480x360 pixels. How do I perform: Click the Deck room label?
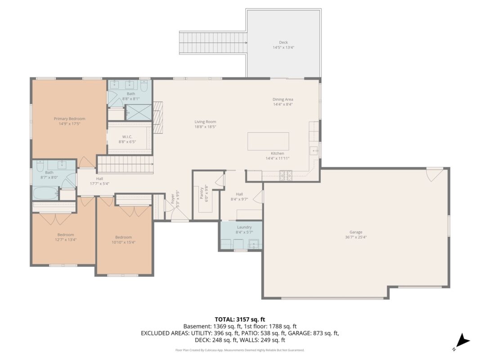pyautogui.click(x=283, y=43)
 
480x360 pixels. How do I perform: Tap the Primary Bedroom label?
pyautogui.click(x=69, y=119)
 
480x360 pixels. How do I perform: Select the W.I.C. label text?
pyautogui.click(x=127, y=137)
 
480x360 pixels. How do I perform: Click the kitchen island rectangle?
pyautogui.click(x=268, y=141)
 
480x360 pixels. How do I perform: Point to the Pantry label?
pyautogui.click(x=202, y=193)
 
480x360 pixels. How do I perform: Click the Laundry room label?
pyautogui.click(x=244, y=227)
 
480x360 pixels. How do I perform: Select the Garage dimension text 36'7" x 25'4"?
pyautogui.click(x=356, y=237)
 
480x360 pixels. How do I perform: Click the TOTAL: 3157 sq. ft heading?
pyautogui.click(x=240, y=320)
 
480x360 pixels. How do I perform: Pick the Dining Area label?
pyautogui.click(x=283, y=99)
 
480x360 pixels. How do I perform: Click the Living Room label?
pyautogui.click(x=205, y=122)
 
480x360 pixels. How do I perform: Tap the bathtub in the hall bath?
pyautogui.click(x=45, y=193)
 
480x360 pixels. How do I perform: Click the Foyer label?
pyautogui.click(x=173, y=199)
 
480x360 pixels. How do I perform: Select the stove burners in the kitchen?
pyautogui.click(x=286, y=175)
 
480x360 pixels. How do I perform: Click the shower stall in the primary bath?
pyautogui.click(x=139, y=112)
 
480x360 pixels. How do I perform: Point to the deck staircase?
pyautogui.click(x=213, y=43)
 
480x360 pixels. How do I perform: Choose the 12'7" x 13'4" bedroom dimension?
pyautogui.click(x=66, y=240)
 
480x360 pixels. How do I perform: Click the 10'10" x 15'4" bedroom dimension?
pyautogui.click(x=123, y=242)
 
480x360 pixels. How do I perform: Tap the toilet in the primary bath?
pyautogui.click(x=144, y=85)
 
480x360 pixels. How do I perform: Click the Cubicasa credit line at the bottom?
pyautogui.click(x=240, y=350)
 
